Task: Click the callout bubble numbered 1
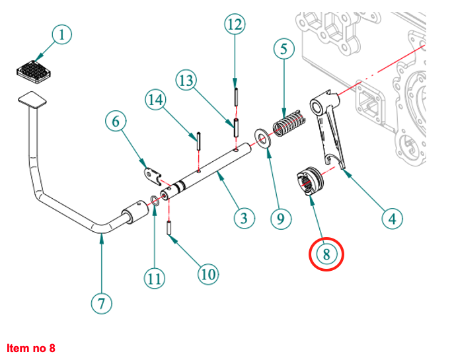tap(61, 34)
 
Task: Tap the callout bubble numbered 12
tap(235, 25)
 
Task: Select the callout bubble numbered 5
tap(283, 50)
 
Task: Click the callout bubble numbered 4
tap(393, 217)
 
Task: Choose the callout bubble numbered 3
tap(244, 217)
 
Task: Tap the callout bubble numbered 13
tap(186, 81)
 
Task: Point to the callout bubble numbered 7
tap(101, 304)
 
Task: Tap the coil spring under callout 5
tap(289, 124)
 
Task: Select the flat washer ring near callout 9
tap(262, 140)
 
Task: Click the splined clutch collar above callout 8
tap(309, 180)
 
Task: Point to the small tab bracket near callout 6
tap(153, 174)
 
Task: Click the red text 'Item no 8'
tap(31, 348)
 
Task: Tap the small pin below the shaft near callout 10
tap(170, 228)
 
